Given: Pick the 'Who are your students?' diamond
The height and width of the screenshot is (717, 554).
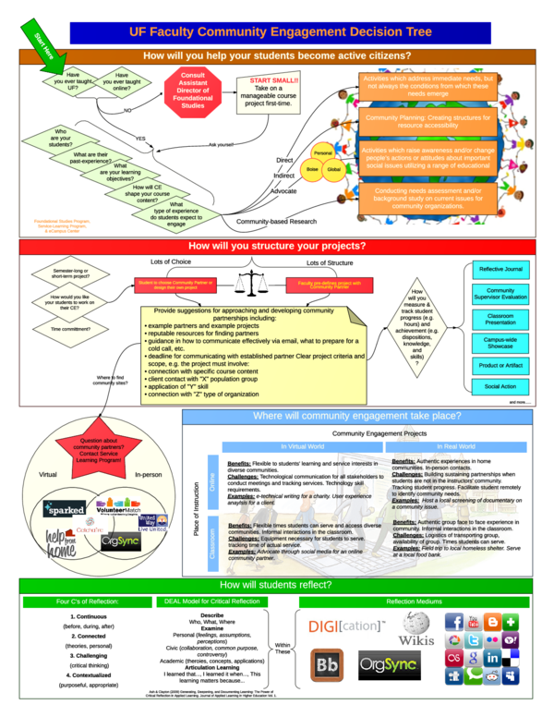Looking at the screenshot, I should [x=62, y=138].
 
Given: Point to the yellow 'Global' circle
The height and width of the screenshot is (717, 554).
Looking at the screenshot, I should [x=333, y=170].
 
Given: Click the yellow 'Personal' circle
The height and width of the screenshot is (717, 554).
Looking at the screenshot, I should [x=323, y=152].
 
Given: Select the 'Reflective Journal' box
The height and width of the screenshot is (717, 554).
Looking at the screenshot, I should [x=500, y=269].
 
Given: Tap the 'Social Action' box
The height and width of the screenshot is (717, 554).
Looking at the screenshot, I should [x=500, y=386].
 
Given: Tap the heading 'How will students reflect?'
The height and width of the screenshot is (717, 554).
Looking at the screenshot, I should [x=277, y=586].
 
